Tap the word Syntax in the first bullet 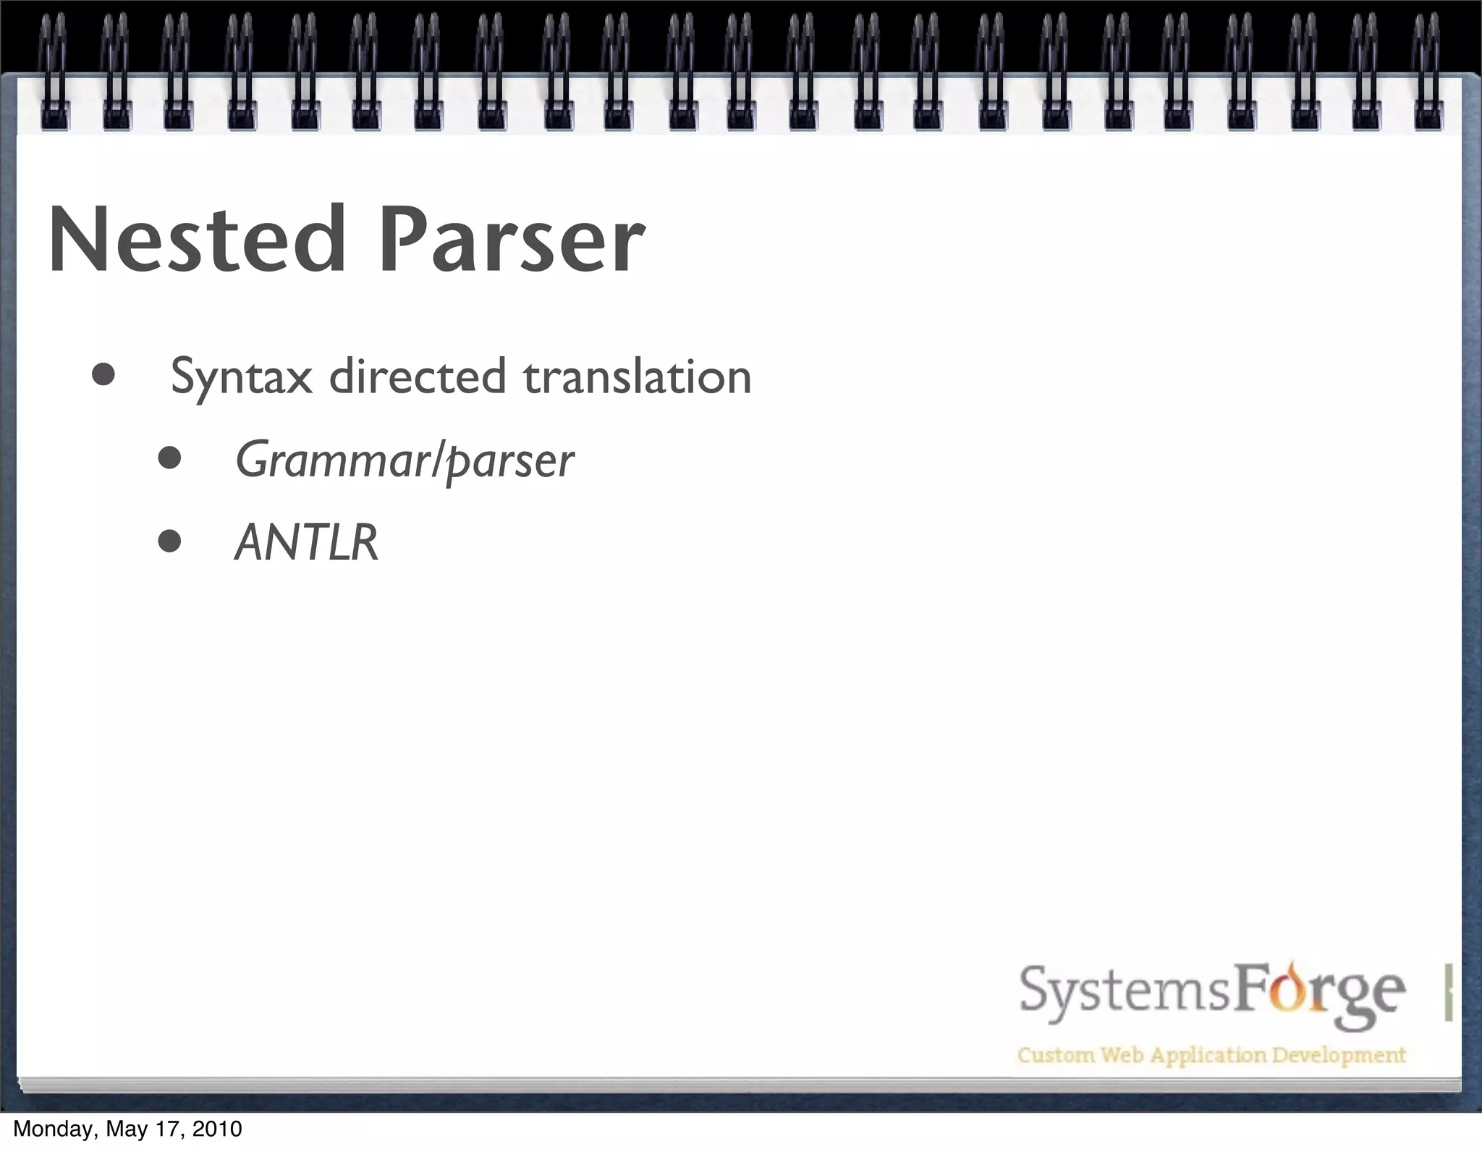coord(242,377)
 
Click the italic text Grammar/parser coord(405,460)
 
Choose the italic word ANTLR coord(307,542)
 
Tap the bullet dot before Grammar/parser coord(169,458)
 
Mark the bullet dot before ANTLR coord(169,541)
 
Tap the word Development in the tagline coord(1339,1055)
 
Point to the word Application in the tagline coord(1208,1056)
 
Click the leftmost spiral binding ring coord(54,72)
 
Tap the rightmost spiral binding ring coord(1428,72)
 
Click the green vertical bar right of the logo coord(1448,992)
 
